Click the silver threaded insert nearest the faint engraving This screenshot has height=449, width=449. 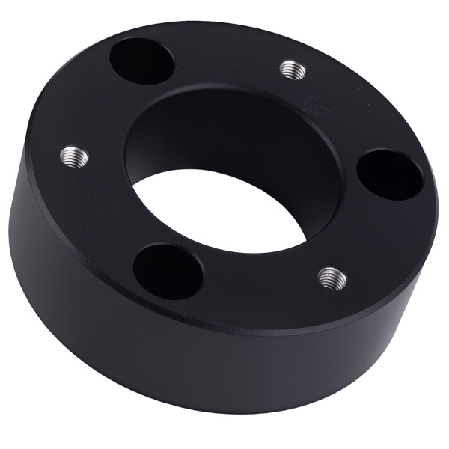coord(293,70)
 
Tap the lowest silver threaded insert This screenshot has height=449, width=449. coord(332,278)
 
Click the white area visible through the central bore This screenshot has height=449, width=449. coord(224,217)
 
